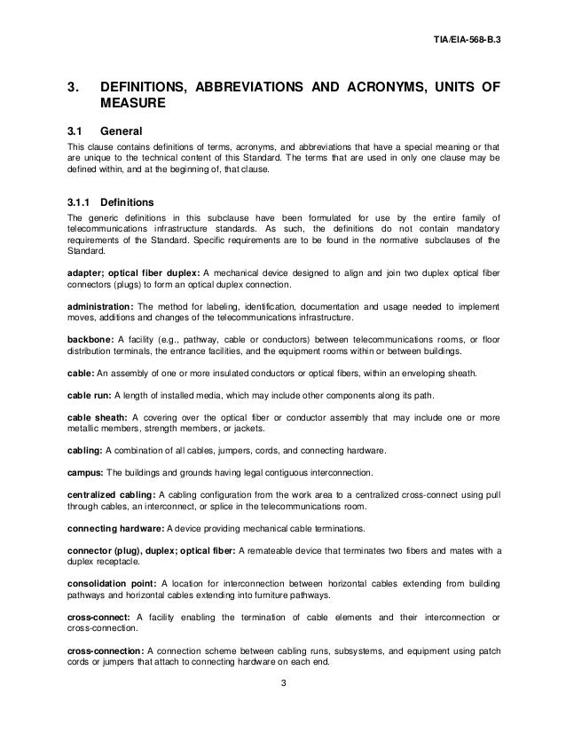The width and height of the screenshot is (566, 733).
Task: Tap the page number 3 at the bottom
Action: pos(282,684)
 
